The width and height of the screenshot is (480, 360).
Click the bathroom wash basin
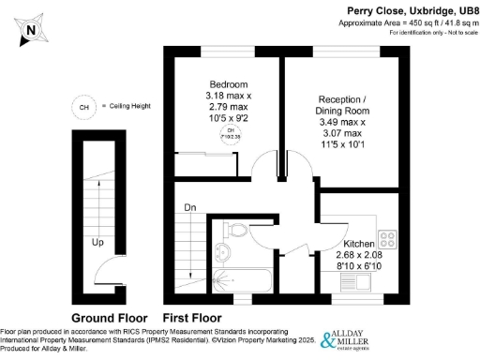pyautogui.click(x=221, y=250)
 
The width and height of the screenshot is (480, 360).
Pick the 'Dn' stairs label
pyautogui.click(x=189, y=207)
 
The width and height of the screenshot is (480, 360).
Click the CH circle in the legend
pyautogui.click(x=85, y=107)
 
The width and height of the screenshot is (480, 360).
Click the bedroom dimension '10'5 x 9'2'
pyautogui.click(x=222, y=119)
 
